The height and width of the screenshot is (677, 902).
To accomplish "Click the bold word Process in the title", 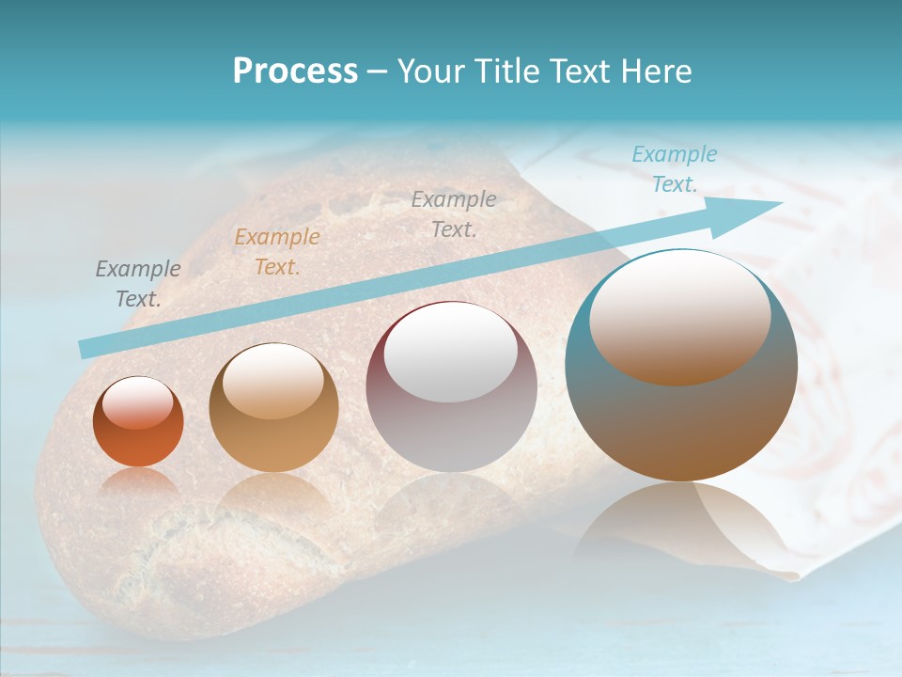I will pos(295,71).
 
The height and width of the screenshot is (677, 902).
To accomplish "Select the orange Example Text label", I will pos(276,252).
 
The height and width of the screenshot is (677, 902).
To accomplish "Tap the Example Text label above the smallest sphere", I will pos(138,284).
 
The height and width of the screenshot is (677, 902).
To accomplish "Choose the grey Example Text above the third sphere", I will pos(454,214).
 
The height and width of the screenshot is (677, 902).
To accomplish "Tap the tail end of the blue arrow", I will pos(86,349).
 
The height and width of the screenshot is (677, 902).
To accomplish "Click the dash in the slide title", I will pos(377,71).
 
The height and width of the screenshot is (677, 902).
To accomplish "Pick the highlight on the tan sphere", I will pos(272,380).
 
